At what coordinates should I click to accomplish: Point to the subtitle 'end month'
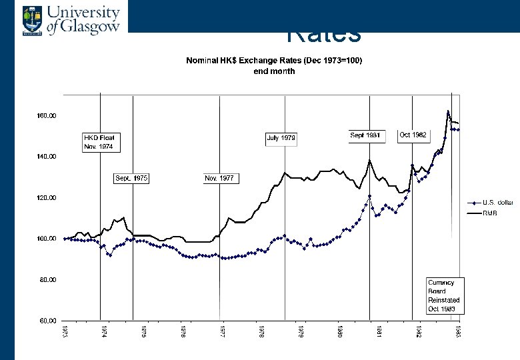pyautogui.click(x=273, y=71)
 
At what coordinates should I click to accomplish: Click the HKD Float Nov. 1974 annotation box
pyautogui.click(x=99, y=142)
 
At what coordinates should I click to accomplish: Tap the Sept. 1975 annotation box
pyautogui.click(x=131, y=179)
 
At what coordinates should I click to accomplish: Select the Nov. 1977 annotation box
pyautogui.click(x=221, y=179)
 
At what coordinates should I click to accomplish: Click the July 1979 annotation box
pyautogui.click(x=281, y=139)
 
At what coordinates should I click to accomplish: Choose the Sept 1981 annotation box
pyautogui.click(x=365, y=135)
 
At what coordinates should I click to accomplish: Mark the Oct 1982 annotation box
pyautogui.click(x=413, y=135)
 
